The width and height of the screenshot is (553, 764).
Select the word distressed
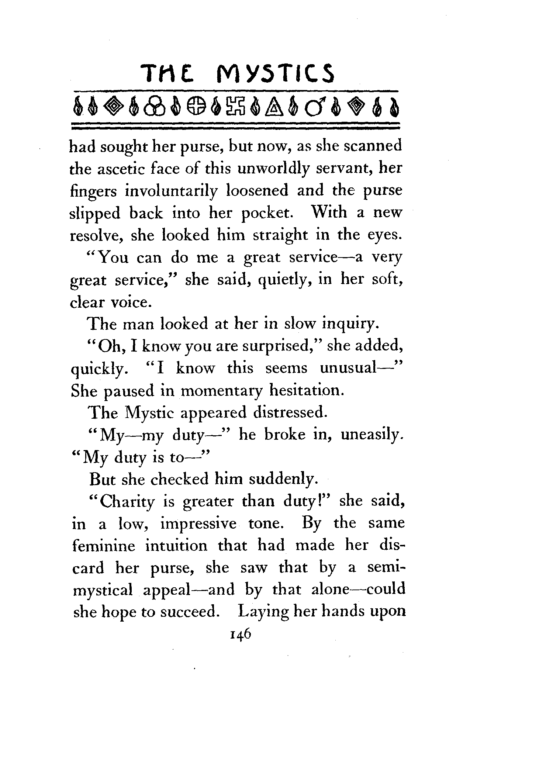tap(290, 413)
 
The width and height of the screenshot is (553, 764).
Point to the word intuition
tap(176, 546)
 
